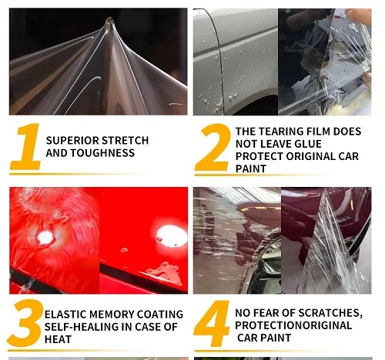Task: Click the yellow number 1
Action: pos(25,147)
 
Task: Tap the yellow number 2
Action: pos(212,148)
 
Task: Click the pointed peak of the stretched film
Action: pos(109,22)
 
